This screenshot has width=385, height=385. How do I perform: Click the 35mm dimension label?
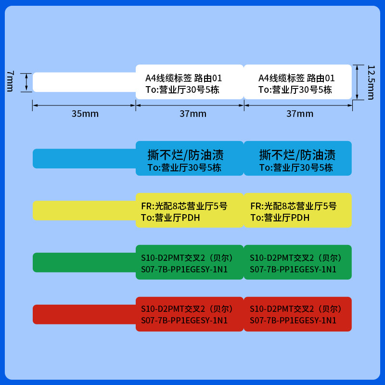tap(85, 114)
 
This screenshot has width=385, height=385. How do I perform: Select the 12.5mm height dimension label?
tap(370, 82)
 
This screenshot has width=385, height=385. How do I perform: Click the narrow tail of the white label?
tap(84, 82)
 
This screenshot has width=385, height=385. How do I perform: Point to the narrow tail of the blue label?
tap(84, 158)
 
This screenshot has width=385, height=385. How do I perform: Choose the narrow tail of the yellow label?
tap(84, 210)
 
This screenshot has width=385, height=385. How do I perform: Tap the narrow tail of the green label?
tap(84, 262)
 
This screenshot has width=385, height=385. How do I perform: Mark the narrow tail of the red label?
tap(84, 314)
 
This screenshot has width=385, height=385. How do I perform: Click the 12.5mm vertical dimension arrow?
tap(357, 82)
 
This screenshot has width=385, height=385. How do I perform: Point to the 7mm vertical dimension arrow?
tap(26, 82)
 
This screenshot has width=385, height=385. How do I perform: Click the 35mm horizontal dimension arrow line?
tap(84, 105)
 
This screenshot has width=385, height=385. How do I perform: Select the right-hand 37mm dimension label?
tap(300, 114)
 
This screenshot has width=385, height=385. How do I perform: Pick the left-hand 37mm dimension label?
tap(193, 114)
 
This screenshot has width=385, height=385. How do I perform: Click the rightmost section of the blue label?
tap(298, 158)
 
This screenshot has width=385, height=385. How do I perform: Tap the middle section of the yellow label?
tap(190, 210)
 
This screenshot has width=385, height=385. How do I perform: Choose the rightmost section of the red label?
tap(298, 314)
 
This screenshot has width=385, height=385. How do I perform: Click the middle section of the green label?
tap(190, 262)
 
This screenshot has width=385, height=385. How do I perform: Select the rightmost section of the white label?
tap(298, 82)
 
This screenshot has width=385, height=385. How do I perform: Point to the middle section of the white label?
tap(190, 82)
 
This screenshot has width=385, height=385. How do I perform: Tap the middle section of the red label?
tap(190, 314)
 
